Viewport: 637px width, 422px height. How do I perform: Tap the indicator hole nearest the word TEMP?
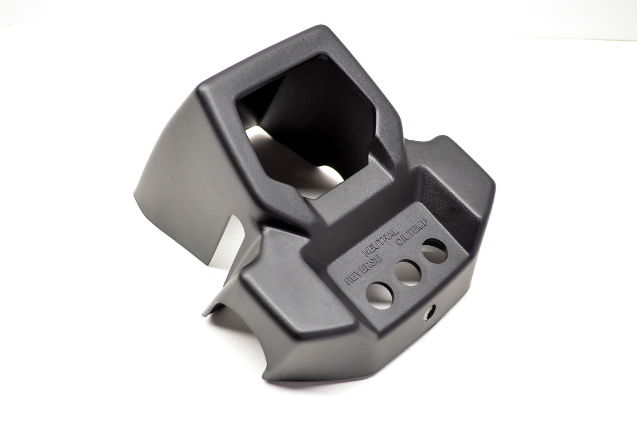point(435,251)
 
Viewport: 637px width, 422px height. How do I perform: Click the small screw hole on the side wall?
point(430,312)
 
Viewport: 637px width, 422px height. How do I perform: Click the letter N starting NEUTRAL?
point(365,252)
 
